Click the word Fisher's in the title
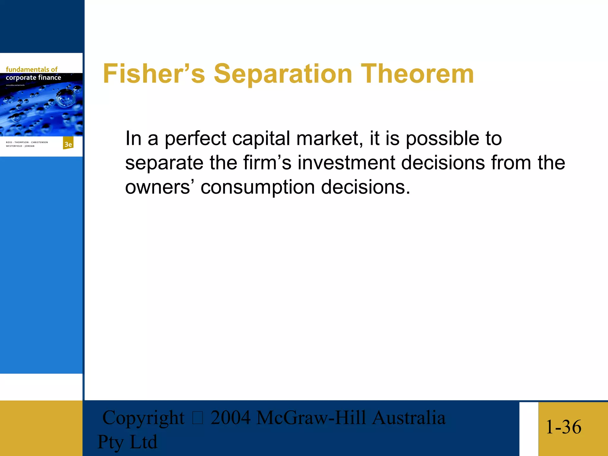[x=154, y=74]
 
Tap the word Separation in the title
[x=283, y=74]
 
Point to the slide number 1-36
[x=563, y=427]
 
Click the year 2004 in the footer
[x=230, y=418]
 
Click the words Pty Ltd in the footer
[x=127, y=442]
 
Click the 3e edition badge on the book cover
[x=68, y=144]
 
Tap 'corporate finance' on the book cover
[x=33, y=77]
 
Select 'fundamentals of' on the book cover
[x=31, y=69]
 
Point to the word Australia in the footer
[x=408, y=418]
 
